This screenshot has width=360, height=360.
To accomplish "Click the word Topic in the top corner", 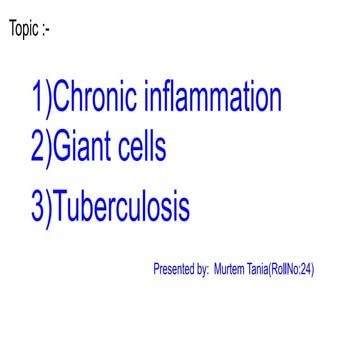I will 24,28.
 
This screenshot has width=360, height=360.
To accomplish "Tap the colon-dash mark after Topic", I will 46,29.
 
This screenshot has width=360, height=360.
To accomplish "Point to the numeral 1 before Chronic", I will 38,99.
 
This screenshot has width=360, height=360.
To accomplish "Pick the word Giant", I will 84,150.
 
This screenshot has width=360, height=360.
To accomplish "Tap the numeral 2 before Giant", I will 38,150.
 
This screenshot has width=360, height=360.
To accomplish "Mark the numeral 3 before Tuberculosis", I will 38,207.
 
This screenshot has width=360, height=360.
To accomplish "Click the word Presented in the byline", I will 175,269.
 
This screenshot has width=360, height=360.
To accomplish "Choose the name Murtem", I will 230,269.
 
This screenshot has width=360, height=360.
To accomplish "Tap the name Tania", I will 261,269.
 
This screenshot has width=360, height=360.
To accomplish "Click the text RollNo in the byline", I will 289,269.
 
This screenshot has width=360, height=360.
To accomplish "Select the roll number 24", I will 308,269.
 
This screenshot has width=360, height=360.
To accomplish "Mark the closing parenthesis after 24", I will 314,269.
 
